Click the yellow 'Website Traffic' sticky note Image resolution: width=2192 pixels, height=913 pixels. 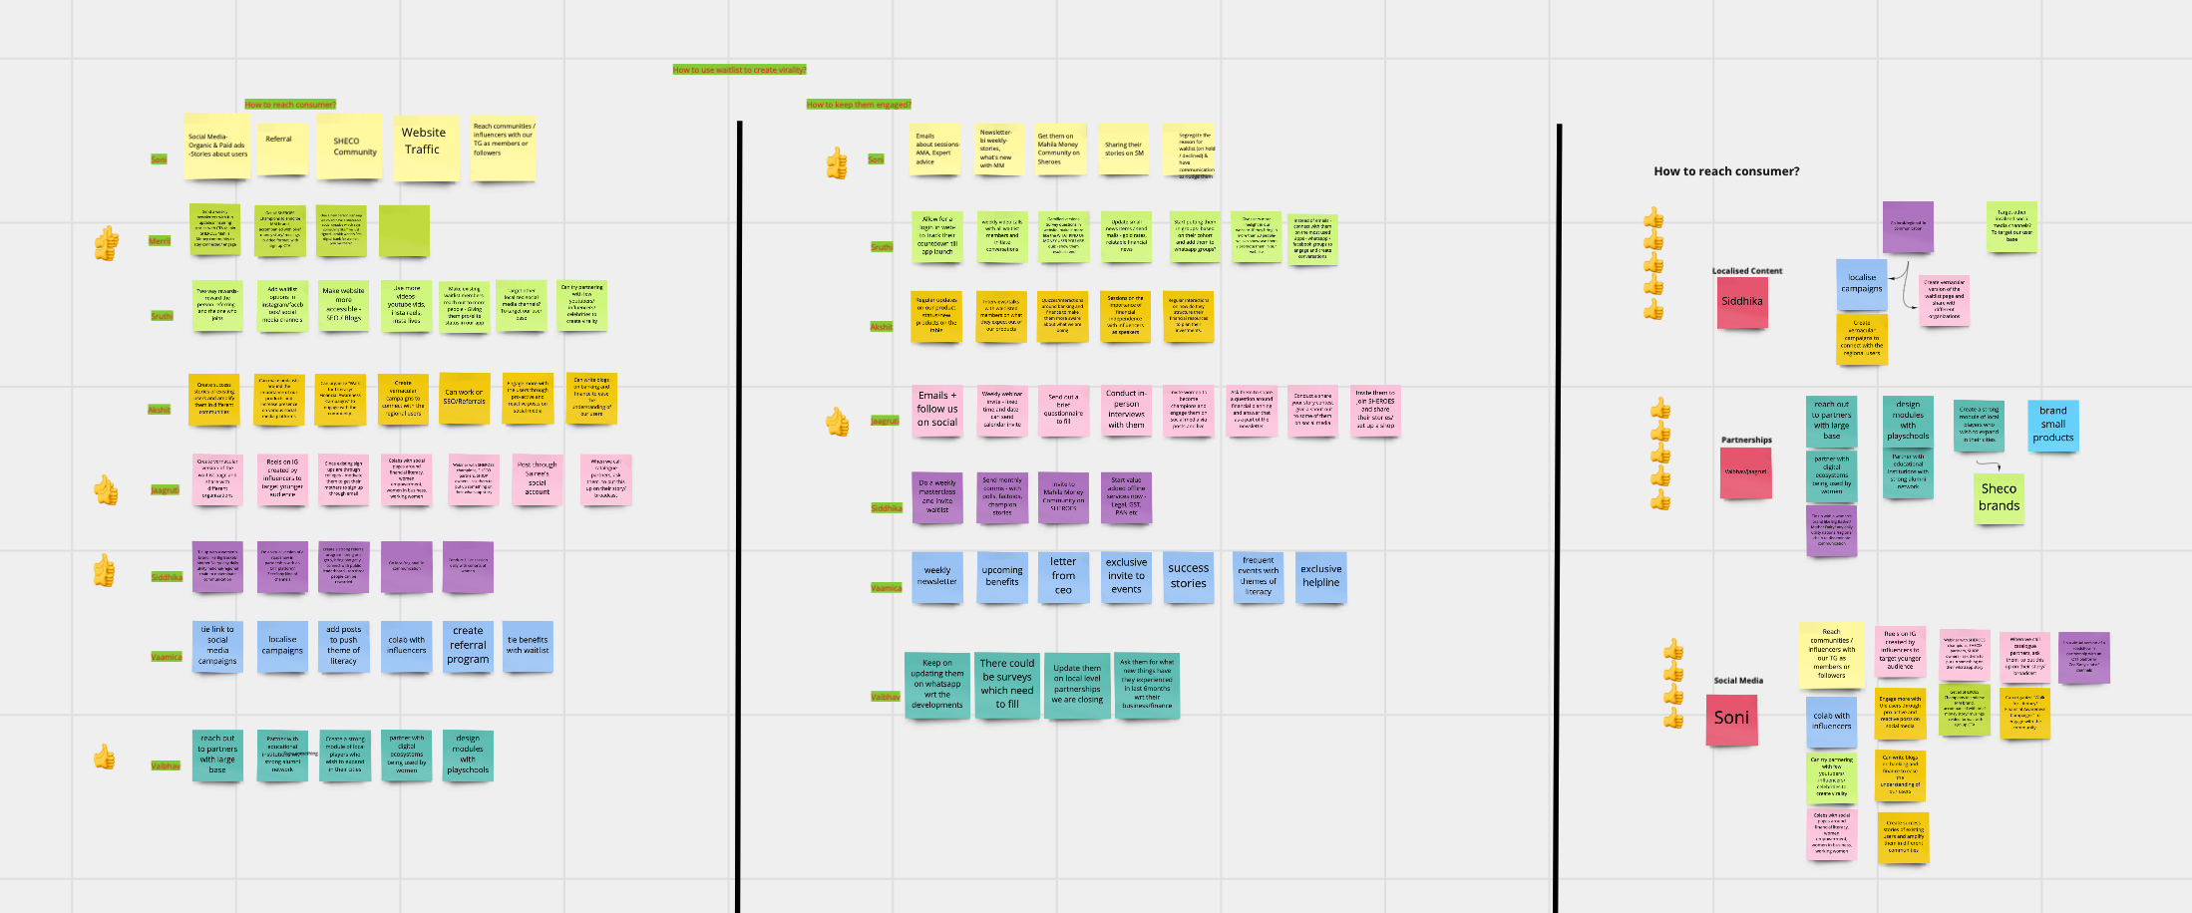425,147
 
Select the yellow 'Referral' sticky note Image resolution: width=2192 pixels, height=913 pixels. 281,148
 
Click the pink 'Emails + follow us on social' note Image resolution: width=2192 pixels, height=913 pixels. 937,410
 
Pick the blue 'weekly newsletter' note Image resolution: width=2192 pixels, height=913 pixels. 937,577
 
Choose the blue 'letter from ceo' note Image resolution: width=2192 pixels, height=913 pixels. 1063,576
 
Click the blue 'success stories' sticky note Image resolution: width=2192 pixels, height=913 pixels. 1189,576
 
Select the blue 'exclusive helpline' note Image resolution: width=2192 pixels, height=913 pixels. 1320,576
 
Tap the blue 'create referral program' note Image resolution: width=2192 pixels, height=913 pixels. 468,646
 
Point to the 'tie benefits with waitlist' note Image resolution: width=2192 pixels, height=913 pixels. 528,646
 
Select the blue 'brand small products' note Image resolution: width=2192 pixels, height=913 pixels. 2052,425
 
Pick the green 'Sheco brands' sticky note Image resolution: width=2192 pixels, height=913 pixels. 1999,497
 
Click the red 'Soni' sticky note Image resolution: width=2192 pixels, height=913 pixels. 1731,719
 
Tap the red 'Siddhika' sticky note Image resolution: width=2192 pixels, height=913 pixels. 1742,302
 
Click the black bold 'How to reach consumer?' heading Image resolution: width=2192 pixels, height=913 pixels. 1726,171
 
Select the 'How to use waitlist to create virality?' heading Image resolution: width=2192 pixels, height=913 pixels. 739,70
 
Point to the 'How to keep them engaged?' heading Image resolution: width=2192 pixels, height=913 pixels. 858,105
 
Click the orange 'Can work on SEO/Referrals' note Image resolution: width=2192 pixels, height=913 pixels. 465,398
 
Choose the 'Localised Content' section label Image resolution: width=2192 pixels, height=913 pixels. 1747,271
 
